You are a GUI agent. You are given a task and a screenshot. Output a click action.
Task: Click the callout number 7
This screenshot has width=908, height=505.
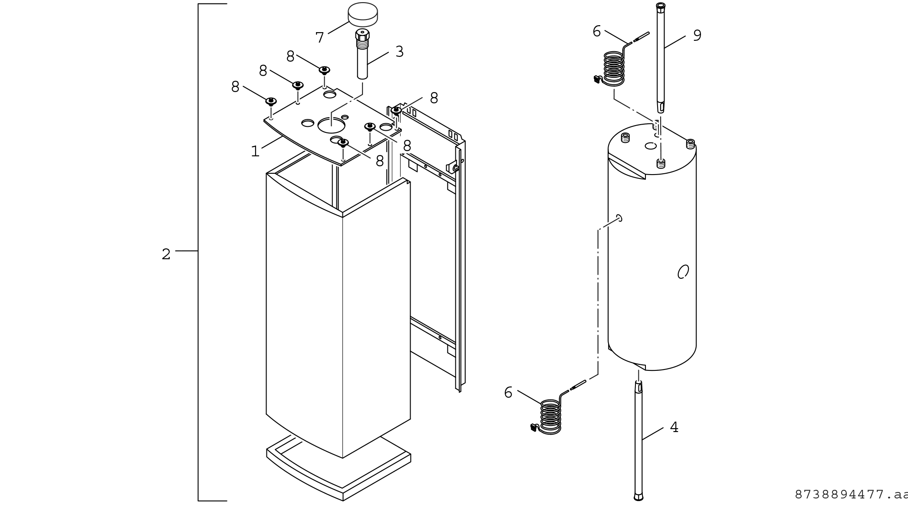[320, 38]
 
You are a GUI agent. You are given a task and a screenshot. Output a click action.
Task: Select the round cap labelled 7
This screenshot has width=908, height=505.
[363, 15]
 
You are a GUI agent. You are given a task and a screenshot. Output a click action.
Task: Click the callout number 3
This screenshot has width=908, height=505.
[399, 52]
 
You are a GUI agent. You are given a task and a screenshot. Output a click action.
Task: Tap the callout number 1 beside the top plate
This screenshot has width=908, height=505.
[255, 151]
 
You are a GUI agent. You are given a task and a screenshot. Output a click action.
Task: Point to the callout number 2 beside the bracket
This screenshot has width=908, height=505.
[166, 254]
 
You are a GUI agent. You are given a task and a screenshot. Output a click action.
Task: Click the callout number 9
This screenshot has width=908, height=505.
[697, 35]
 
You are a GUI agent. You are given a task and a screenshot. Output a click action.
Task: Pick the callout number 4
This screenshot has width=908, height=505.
[674, 427]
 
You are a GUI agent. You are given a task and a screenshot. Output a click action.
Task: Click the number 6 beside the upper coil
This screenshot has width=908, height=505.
[597, 31]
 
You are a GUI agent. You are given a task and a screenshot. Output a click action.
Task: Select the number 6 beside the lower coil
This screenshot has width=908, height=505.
[508, 393]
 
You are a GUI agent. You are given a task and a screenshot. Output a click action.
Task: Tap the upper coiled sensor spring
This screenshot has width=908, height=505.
[614, 69]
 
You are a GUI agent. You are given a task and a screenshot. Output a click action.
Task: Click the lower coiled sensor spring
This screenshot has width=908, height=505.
[550, 417]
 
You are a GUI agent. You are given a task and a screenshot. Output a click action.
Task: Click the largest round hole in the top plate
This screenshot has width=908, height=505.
[331, 125]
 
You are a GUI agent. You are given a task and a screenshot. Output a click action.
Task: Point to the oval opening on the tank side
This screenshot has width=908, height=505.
[683, 272]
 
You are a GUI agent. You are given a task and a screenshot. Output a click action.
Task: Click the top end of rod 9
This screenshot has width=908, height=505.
[661, 5]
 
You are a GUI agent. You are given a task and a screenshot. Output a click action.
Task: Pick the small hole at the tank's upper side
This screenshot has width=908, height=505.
[619, 218]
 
